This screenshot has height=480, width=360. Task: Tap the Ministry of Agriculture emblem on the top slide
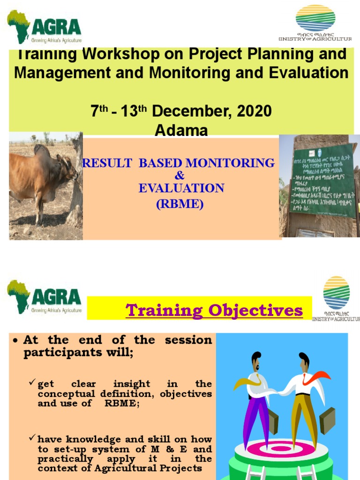click(x=315, y=19)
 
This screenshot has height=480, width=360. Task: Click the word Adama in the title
click(x=181, y=131)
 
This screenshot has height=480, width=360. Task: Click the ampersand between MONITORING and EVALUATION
click(x=180, y=176)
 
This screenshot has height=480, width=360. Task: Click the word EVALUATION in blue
click(x=181, y=188)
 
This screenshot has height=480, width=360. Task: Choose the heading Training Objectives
click(x=214, y=310)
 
